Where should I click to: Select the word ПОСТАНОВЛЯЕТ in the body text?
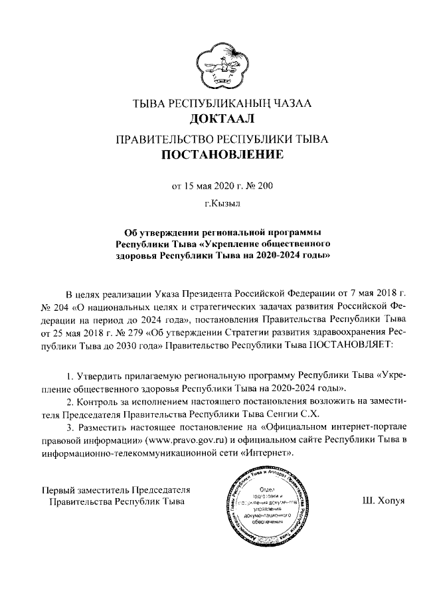click(349, 345)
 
